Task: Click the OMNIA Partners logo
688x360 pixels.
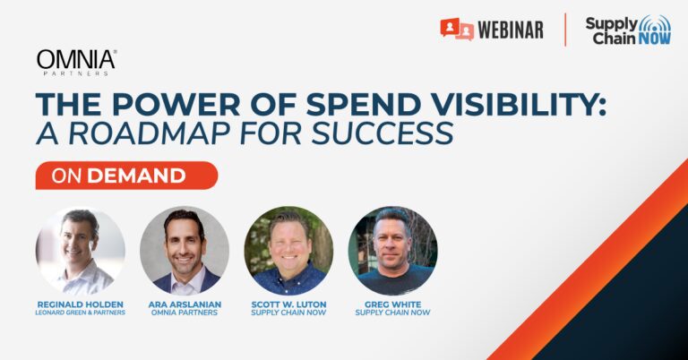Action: tap(77, 63)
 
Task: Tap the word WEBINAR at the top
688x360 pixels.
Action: tap(511, 30)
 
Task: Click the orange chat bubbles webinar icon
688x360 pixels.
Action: tap(457, 30)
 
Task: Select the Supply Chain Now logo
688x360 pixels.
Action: tap(628, 30)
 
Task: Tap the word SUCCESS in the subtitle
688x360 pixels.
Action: tap(383, 133)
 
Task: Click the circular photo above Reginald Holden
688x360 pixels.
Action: tap(81, 251)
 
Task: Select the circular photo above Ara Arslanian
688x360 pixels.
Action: tap(185, 251)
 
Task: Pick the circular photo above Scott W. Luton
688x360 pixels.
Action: tap(288, 251)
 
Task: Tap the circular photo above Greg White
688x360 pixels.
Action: tap(392, 251)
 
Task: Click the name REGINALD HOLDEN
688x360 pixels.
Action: tap(81, 304)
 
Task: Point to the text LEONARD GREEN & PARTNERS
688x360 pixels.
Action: tap(81, 313)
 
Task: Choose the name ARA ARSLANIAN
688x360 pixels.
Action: tap(185, 304)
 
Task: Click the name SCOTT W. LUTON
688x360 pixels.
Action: tap(288, 304)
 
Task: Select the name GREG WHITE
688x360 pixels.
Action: tap(392, 304)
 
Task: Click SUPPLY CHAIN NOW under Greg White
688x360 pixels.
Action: tap(392, 313)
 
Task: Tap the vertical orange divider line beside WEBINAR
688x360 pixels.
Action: tap(565, 30)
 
